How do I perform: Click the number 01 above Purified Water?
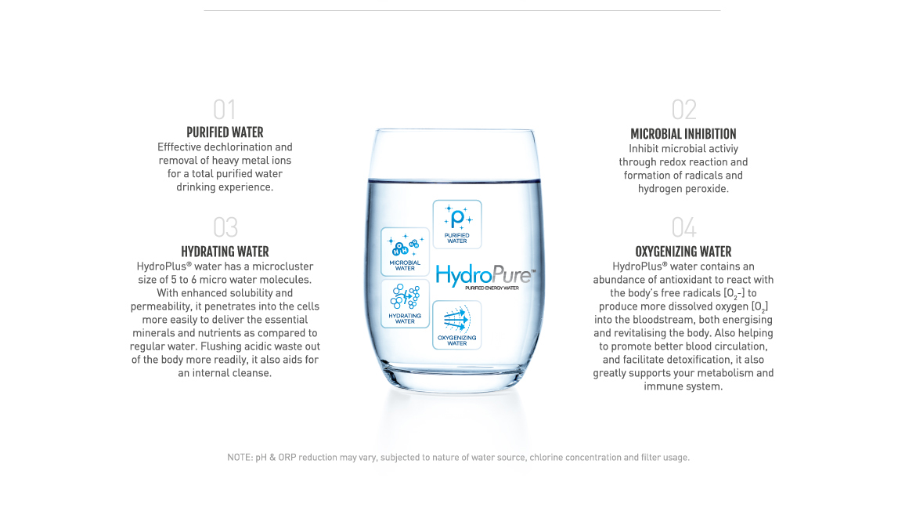[225, 110]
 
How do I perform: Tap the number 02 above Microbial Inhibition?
[683, 110]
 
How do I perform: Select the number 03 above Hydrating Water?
[225, 227]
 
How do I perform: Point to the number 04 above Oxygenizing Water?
[683, 227]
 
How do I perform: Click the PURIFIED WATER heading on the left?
[225, 132]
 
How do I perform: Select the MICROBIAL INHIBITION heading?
[683, 134]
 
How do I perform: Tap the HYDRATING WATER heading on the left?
[225, 252]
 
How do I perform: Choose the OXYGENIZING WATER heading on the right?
[683, 252]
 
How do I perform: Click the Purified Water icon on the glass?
[457, 224]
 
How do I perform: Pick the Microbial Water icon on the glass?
[405, 252]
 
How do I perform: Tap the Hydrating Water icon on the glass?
[405, 304]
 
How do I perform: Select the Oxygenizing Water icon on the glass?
[457, 324]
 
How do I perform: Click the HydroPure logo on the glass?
[485, 276]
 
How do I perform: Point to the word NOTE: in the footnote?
[238, 457]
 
